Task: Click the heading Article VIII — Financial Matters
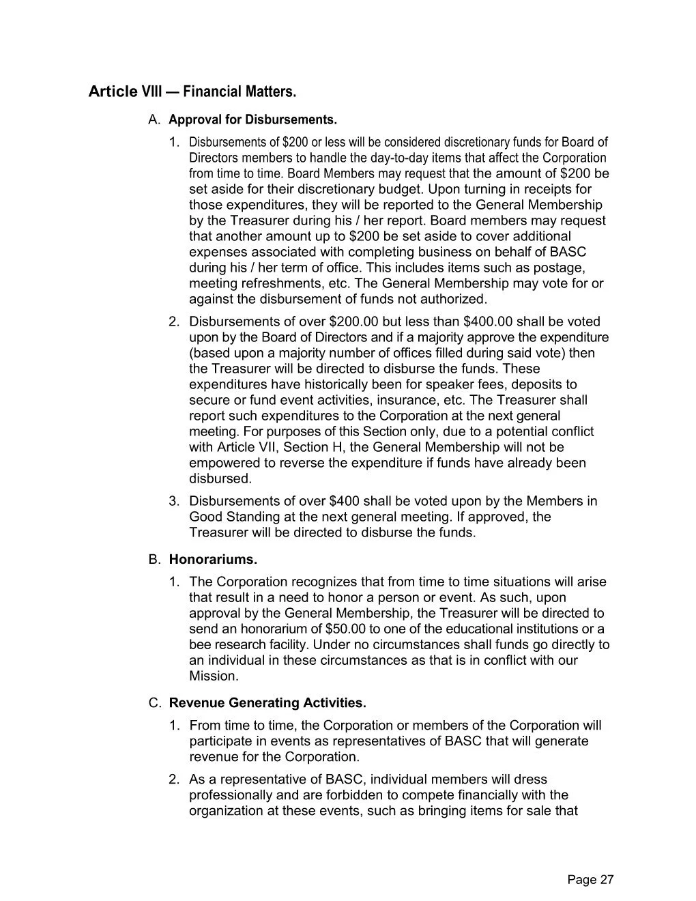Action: [x=192, y=91]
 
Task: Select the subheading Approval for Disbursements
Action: [x=252, y=120]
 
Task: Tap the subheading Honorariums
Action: [x=213, y=560]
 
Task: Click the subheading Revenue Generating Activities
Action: [x=267, y=702]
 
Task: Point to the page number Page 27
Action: [x=590, y=880]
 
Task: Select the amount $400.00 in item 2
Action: [x=489, y=321]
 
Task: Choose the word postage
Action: [x=560, y=268]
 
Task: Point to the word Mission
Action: [x=213, y=676]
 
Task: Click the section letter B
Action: [x=154, y=560]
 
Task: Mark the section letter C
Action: [x=154, y=702]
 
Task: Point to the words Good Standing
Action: [x=234, y=517]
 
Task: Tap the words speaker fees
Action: [x=465, y=384]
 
